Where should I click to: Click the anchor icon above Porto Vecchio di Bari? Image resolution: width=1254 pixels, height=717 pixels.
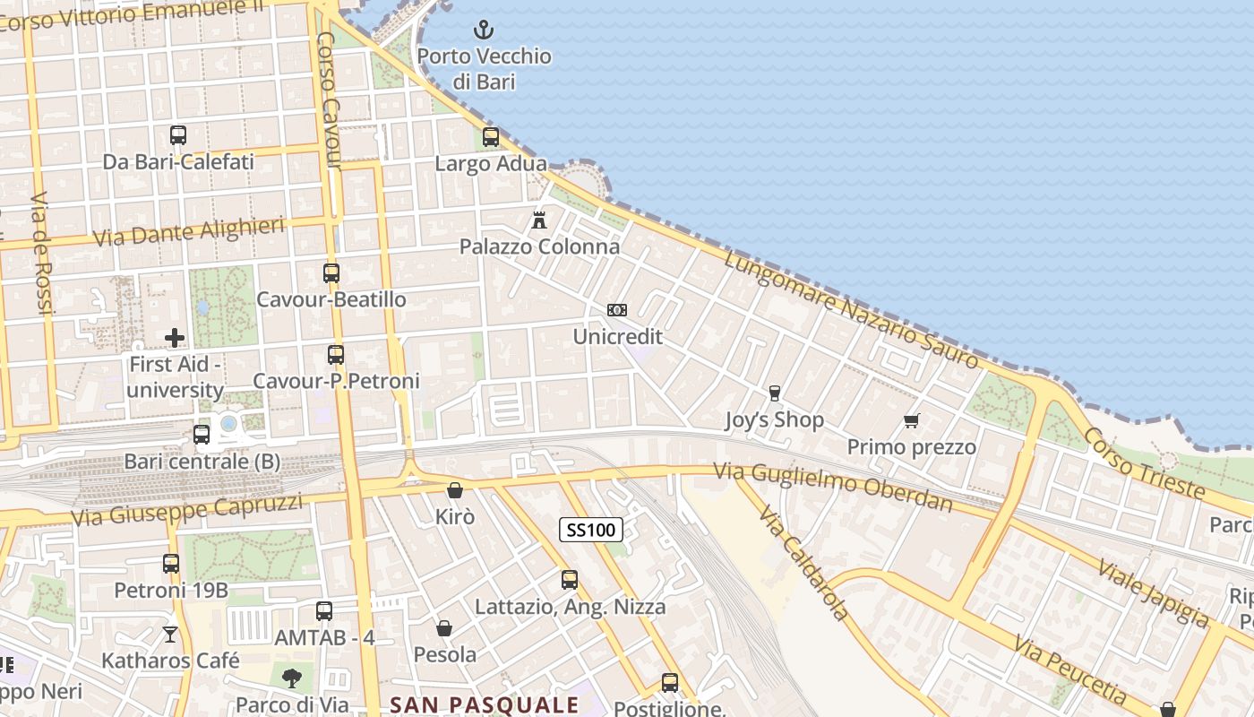484,30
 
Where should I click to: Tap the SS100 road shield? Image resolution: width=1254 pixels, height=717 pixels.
591,530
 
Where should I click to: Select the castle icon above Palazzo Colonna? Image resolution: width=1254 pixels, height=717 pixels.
539,220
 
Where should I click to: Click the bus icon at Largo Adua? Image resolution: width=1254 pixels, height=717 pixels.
491,137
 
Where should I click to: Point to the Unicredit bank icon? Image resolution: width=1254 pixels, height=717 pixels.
617,310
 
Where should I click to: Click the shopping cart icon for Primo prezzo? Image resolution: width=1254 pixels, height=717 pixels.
912,420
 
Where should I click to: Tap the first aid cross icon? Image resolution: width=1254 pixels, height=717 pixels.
175,338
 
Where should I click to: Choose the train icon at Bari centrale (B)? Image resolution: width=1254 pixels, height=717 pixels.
202,435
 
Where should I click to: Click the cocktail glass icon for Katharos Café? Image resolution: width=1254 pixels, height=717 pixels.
170,635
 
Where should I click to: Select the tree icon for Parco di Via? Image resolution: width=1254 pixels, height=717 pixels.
291,678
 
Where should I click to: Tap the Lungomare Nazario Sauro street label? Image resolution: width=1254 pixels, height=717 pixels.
851,309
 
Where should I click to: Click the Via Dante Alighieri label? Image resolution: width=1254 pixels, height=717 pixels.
189,231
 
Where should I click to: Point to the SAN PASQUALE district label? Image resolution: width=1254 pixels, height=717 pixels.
485,704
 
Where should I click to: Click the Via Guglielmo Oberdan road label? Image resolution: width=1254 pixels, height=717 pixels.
833,486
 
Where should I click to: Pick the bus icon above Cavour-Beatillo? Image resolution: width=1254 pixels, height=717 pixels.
331,273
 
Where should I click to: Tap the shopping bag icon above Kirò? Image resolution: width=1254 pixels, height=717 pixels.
455,490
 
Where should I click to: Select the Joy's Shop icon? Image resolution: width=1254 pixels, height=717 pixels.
775,393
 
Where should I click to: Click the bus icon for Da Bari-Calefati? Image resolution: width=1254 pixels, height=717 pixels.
178,135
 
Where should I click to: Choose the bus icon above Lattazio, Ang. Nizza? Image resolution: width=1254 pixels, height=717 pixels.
570,580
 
